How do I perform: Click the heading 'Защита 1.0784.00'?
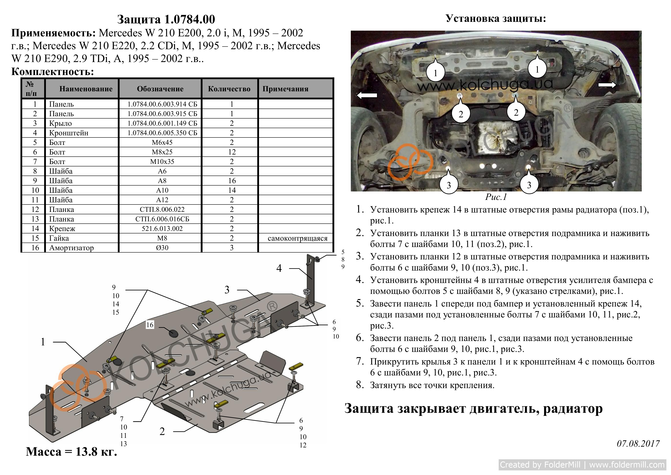(x=166, y=19)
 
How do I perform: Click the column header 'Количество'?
(x=229, y=89)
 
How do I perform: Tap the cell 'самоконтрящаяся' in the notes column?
(x=297, y=238)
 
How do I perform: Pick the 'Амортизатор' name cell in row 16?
(x=71, y=248)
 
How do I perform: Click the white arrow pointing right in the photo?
(x=607, y=85)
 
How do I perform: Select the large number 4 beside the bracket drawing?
(x=279, y=268)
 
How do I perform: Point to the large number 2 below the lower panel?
(x=162, y=431)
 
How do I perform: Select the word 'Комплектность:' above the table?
(x=53, y=72)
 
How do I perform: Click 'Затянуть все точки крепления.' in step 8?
(x=432, y=385)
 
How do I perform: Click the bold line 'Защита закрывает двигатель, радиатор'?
(x=473, y=409)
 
